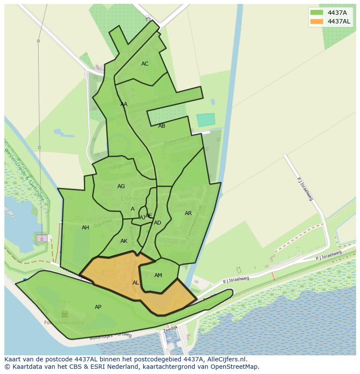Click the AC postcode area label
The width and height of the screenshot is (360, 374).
(145, 64)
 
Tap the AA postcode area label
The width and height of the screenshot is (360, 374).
(124, 104)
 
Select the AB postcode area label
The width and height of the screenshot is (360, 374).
(162, 126)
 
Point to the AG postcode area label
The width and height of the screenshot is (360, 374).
(121, 186)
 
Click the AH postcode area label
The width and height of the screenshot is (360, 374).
(85, 228)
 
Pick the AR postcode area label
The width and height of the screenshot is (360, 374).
(188, 213)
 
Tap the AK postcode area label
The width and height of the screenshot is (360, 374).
(124, 241)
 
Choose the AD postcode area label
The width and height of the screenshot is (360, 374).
(157, 223)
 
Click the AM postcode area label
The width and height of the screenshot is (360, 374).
(158, 275)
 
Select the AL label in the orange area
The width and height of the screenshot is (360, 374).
(136, 283)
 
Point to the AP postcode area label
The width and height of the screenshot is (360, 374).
(98, 307)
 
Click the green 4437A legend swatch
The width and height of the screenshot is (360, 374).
(317, 13)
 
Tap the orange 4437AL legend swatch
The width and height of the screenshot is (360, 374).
(317, 21)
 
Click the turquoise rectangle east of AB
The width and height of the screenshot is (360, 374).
(206, 120)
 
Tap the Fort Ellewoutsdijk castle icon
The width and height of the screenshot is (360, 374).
(65, 314)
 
